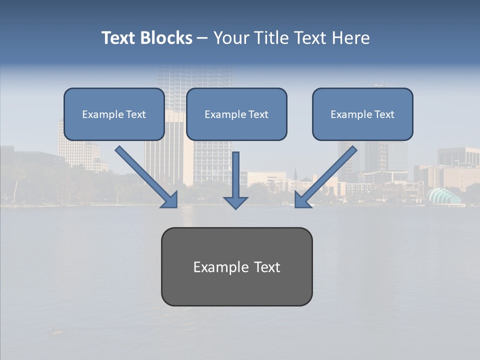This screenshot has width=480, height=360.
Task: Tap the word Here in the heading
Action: pyautogui.click(x=350, y=38)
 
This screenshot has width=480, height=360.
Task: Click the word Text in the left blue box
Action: pyautogui.click(x=136, y=114)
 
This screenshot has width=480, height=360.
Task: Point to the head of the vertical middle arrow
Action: pyautogui.click(x=235, y=202)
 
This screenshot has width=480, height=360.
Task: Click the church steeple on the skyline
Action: pyautogui.click(x=295, y=172)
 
